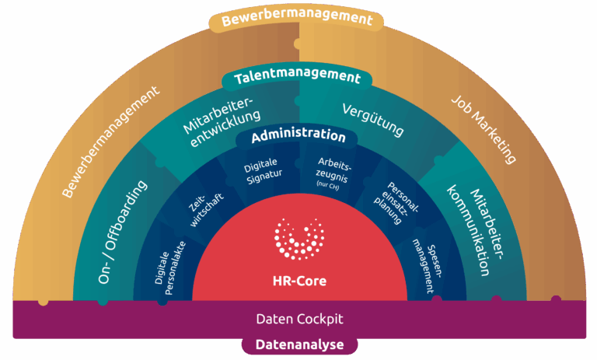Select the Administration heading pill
(298, 135)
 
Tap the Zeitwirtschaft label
(207, 207)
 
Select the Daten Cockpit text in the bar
(298, 319)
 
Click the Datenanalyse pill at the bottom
(298, 345)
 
